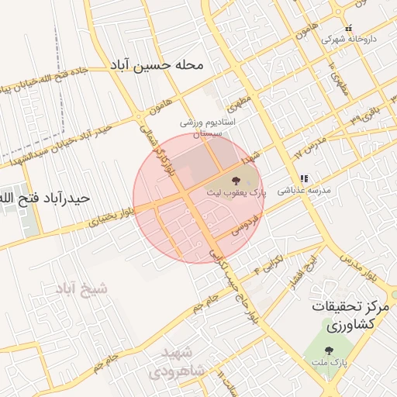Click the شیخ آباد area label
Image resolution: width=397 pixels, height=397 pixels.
tap(81, 290)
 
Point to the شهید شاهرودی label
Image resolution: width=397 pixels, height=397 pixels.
tap(183, 361)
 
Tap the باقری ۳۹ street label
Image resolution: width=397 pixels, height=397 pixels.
tap(357, 114)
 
